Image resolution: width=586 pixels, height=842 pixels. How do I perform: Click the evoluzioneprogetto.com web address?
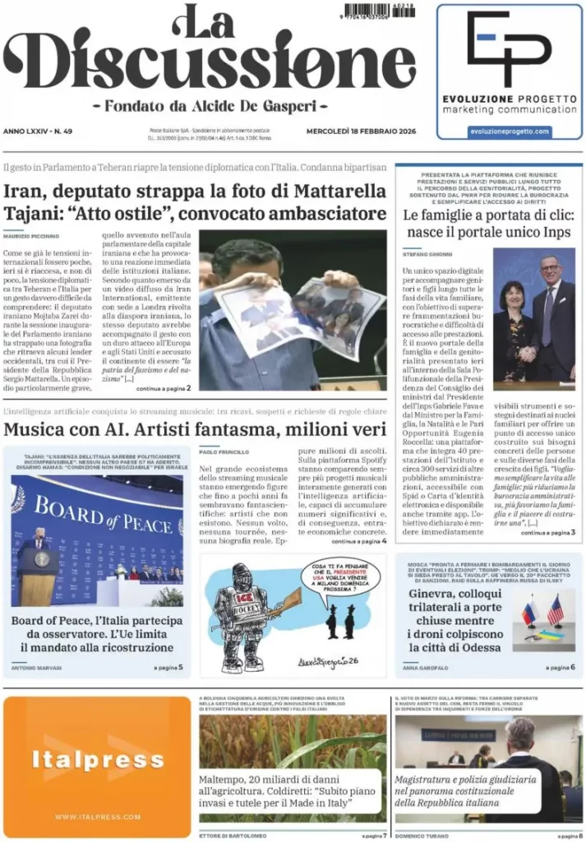pyautogui.click(x=509, y=132)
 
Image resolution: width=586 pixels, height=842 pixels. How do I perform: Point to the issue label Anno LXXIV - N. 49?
pyautogui.click(x=38, y=132)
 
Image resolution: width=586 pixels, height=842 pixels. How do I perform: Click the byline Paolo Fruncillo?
pyautogui.click(x=223, y=451)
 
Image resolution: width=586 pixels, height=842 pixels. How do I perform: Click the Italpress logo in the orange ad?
pyautogui.click(x=98, y=761)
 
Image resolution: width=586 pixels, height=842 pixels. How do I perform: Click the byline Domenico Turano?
pyautogui.click(x=422, y=835)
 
